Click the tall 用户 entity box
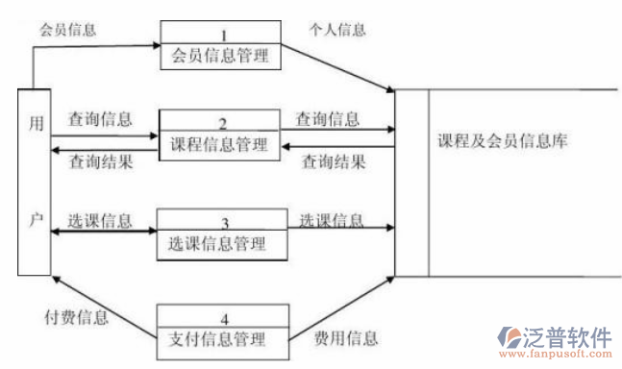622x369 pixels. click(x=35, y=181)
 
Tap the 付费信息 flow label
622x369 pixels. click(x=78, y=314)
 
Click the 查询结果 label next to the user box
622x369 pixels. click(x=100, y=162)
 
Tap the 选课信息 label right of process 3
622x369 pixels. click(x=332, y=220)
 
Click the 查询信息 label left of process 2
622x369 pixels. click(x=100, y=120)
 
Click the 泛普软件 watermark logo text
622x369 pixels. click(x=567, y=336)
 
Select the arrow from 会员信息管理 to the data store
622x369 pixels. click(x=340, y=67)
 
